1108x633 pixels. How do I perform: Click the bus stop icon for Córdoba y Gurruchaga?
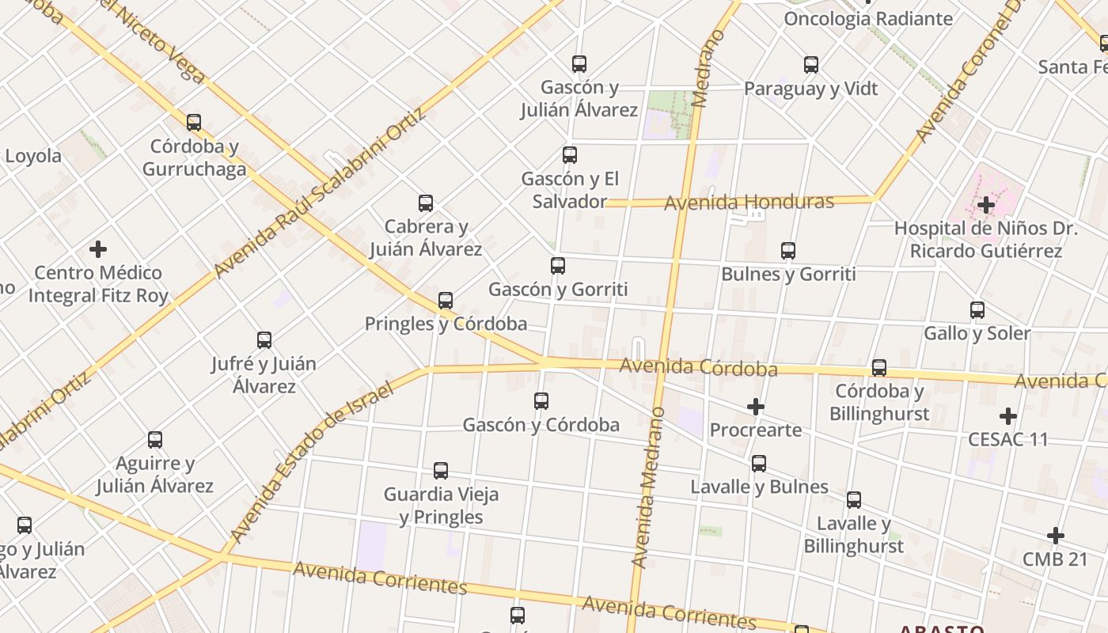pyautogui.click(x=194, y=123)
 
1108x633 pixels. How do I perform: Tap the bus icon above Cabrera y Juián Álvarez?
pyautogui.click(x=426, y=203)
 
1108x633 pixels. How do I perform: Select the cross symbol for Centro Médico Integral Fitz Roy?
pyautogui.click(x=98, y=249)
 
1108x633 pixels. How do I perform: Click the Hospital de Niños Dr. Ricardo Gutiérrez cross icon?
pyautogui.click(x=985, y=205)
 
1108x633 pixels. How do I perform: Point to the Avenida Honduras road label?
pyautogui.click(x=749, y=203)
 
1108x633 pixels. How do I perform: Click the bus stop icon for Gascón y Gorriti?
pyautogui.click(x=558, y=266)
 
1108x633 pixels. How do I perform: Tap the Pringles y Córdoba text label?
pyautogui.click(x=446, y=324)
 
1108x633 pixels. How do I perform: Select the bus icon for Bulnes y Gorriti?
pyautogui.click(x=788, y=251)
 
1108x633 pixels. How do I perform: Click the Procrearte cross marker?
pyautogui.click(x=756, y=407)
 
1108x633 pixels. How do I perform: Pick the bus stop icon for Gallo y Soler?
pyautogui.click(x=977, y=310)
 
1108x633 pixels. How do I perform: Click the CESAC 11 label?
pyautogui.click(x=1007, y=439)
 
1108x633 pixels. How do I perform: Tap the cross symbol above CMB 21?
pyautogui.click(x=1055, y=536)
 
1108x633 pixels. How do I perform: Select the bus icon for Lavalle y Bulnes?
pyautogui.click(x=759, y=464)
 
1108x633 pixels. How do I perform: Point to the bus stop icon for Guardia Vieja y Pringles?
pyautogui.click(x=441, y=471)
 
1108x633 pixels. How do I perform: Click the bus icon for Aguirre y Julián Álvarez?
pyautogui.click(x=155, y=440)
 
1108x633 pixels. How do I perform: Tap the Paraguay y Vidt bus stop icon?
pyautogui.click(x=811, y=65)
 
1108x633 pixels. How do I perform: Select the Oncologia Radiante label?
pyautogui.click(x=868, y=19)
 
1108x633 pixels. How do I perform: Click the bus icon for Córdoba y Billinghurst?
pyautogui.click(x=879, y=368)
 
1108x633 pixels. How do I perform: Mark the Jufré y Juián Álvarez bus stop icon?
pyautogui.click(x=264, y=340)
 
